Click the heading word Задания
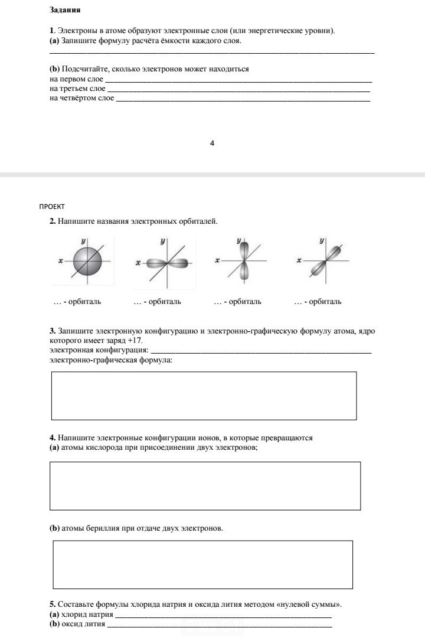[x=65, y=11]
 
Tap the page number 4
[x=212, y=143]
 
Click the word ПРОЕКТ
[x=51, y=207]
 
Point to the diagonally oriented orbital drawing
[x=323, y=260]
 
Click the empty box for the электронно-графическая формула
[x=204, y=395]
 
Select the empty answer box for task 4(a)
[x=205, y=486]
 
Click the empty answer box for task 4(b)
[x=203, y=564]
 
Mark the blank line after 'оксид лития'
[x=219, y=625]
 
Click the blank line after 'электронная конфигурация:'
[x=261, y=351]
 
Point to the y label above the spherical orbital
[x=84, y=241]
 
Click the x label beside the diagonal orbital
[x=299, y=260]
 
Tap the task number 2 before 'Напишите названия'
[x=53, y=221]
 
